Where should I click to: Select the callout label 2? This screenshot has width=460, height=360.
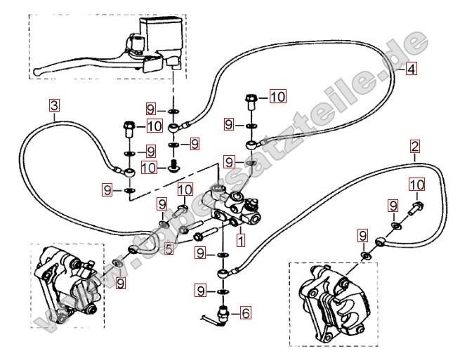coord(415,147)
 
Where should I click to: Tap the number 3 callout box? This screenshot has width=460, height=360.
coord(55,107)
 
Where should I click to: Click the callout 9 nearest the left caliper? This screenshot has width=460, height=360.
coord(121,283)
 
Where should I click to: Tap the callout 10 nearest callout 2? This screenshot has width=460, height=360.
coord(416,185)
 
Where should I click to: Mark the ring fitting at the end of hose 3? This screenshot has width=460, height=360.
coord(128,171)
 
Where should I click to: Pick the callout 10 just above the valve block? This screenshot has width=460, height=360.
coord(185,189)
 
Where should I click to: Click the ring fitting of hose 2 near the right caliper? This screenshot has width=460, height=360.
coord(381,241)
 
